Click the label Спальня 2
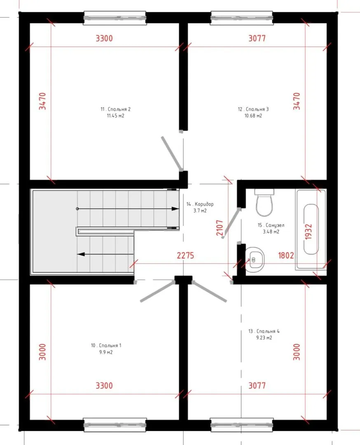[119, 109]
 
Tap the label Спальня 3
[257, 109]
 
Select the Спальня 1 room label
[110, 346]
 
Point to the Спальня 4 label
[268, 331]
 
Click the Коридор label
[204, 204]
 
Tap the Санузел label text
[275, 225]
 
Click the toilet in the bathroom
[264, 202]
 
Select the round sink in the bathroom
[255, 260]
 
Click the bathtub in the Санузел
[311, 230]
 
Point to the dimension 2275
[185, 255]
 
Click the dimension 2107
[220, 228]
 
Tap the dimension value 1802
[286, 255]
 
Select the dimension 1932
[309, 232]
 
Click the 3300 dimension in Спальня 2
[104, 38]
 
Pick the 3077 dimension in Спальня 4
[257, 385]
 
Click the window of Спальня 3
[242, 18]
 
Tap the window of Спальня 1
[115, 425]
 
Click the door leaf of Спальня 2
[171, 154]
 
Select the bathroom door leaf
[231, 223]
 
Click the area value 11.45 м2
[115, 116]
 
